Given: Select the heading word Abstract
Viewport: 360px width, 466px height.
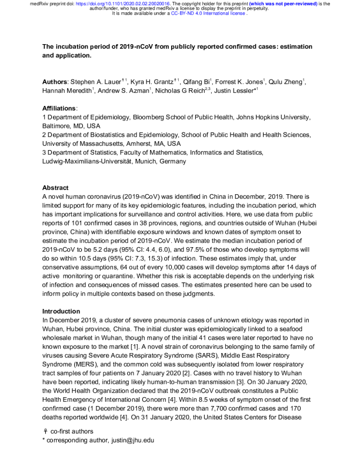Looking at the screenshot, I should click(x=55, y=188).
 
